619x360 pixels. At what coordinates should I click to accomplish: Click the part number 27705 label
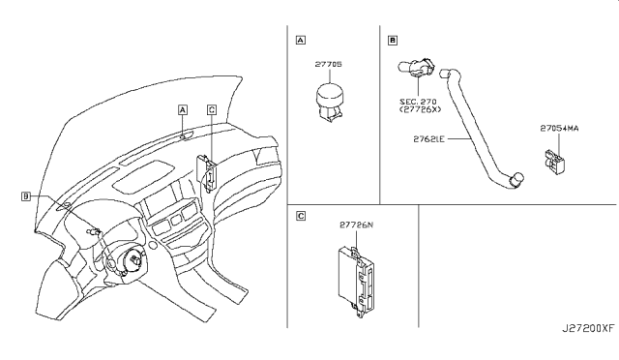(328, 64)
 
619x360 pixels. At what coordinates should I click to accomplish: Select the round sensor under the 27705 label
(330, 102)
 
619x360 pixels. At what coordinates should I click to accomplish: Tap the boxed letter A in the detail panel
(301, 40)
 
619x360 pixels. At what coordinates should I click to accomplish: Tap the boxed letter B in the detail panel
(393, 40)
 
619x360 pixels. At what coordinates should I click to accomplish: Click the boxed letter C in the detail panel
(301, 216)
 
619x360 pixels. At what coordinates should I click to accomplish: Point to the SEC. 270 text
(418, 102)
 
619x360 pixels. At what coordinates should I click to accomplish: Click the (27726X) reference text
(420, 109)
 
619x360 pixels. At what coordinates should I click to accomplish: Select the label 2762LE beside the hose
(428, 139)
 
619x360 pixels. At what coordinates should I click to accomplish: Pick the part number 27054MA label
(559, 129)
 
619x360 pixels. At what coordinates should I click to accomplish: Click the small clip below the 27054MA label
(554, 162)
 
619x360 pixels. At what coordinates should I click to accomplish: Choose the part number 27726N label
(356, 225)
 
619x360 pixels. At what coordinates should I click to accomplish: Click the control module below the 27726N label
(356, 281)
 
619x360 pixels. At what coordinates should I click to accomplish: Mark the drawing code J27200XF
(588, 328)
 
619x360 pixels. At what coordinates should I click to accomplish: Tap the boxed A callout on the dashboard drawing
(183, 109)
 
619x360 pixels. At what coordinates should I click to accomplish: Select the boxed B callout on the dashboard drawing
(26, 196)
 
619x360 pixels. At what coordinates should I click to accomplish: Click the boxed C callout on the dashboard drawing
(212, 109)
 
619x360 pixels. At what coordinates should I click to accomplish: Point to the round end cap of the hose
(517, 179)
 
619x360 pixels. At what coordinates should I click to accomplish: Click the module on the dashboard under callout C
(207, 171)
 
